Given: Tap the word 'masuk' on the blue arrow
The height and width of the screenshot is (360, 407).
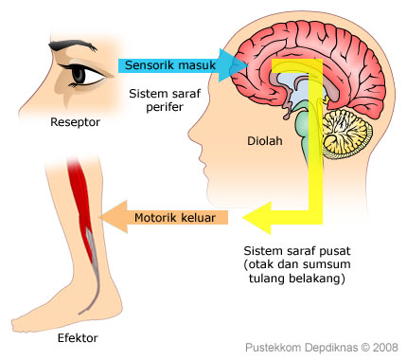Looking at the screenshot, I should [196, 65].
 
